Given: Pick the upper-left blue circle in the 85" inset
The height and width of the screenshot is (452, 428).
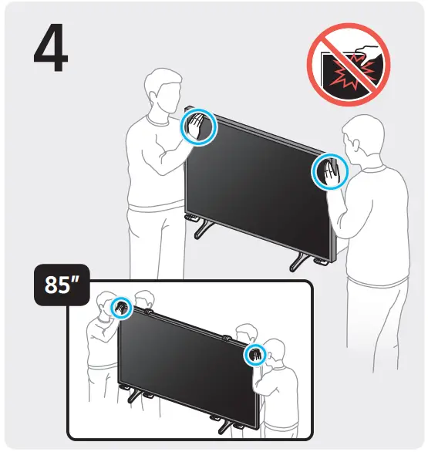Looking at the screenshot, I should [121, 307].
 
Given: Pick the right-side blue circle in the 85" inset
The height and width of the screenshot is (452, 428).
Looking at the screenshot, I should [254, 354].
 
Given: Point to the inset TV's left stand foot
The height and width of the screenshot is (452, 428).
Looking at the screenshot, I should [133, 396].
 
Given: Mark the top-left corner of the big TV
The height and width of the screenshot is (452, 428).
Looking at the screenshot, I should [187, 107].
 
